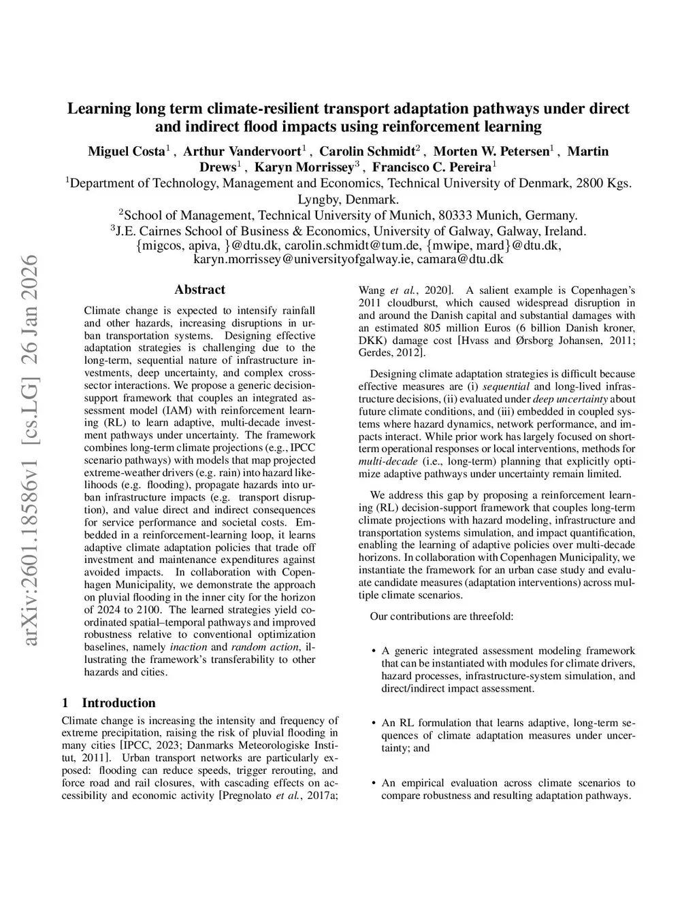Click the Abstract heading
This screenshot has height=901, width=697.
click(x=199, y=290)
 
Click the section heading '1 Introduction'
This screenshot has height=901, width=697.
click(x=108, y=703)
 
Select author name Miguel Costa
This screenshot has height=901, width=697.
click(x=127, y=151)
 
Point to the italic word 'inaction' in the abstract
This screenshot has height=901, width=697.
click(x=188, y=647)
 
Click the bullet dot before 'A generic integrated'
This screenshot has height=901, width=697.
click(x=374, y=651)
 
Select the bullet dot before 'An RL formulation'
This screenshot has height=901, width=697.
click(x=374, y=724)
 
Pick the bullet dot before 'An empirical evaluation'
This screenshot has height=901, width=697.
click(x=374, y=783)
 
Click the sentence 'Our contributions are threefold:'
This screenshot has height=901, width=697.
click(x=441, y=617)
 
